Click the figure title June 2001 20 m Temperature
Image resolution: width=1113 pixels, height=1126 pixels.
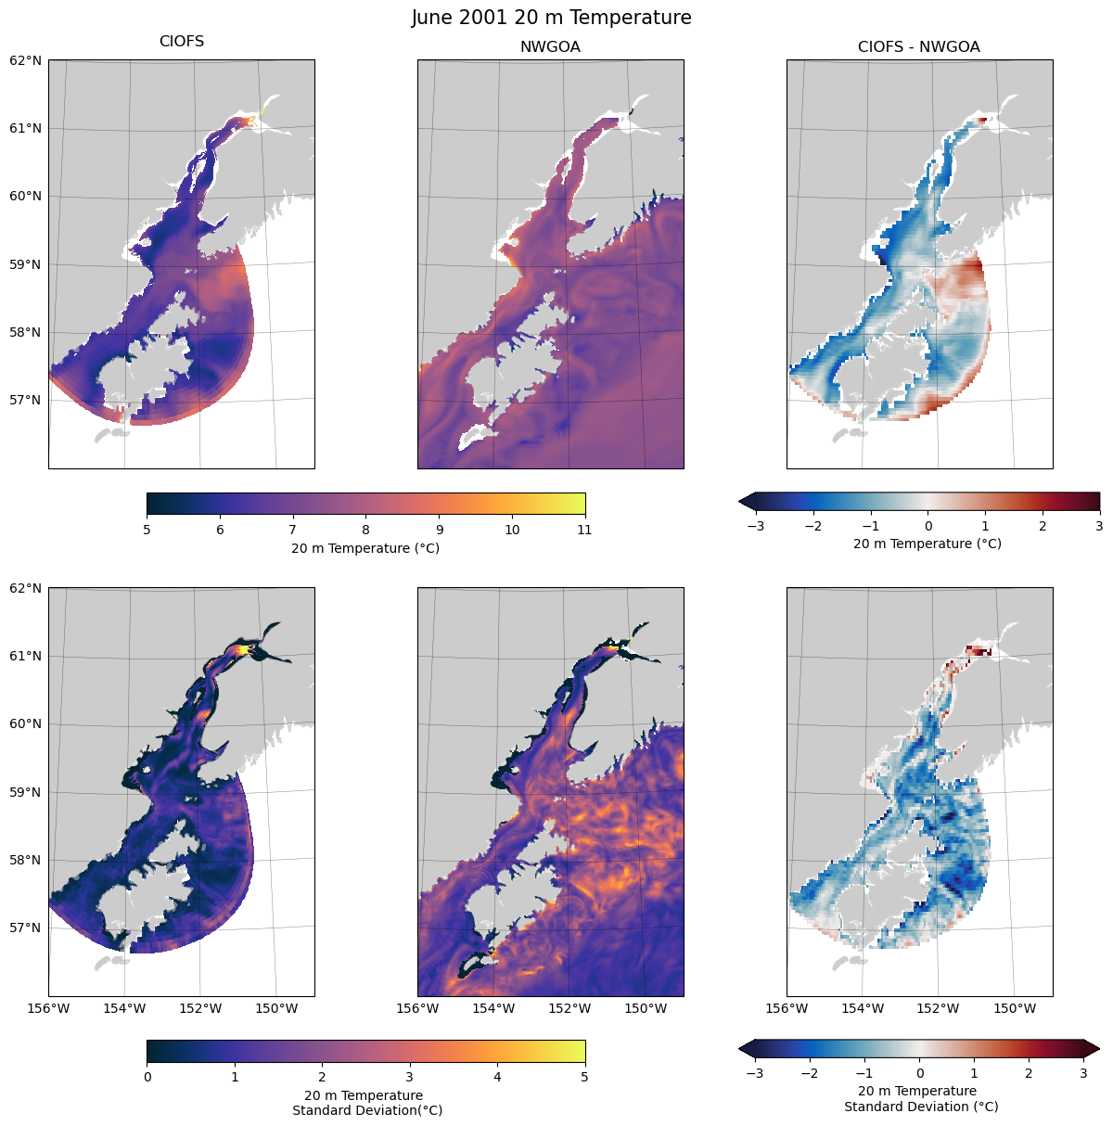coord(551,18)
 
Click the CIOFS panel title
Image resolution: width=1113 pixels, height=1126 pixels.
coord(182,42)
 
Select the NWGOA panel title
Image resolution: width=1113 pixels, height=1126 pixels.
coord(550,46)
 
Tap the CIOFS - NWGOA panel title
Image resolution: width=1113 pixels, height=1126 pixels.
coord(918,46)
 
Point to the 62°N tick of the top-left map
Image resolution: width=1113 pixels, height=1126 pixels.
coord(26,60)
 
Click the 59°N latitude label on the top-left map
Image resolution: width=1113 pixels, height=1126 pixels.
coord(26,264)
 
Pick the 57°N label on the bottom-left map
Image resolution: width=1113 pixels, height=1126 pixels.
coord(26,928)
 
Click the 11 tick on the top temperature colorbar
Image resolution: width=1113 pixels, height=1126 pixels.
coord(584,531)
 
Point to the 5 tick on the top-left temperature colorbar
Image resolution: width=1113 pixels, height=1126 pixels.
coord(147,531)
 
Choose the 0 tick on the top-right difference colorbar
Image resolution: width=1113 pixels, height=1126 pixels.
coord(928,526)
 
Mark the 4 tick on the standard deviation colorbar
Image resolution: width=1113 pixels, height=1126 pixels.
coord(497,1078)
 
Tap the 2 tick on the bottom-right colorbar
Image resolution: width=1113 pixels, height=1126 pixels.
coord(1029,1073)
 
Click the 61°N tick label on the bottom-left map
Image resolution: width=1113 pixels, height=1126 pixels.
coord(26,656)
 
